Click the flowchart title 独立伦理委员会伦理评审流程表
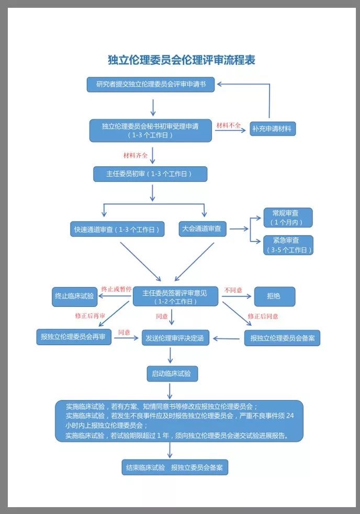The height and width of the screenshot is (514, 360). click(x=181, y=60)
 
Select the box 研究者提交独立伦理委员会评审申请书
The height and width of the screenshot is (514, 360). click(x=151, y=84)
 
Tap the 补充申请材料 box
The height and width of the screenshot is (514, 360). click(x=272, y=128)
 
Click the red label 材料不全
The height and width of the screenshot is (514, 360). click(x=229, y=125)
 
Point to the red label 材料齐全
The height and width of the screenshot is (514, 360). click(x=136, y=155)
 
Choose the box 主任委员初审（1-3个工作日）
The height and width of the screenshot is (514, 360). click(x=150, y=174)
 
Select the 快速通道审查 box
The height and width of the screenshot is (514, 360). click(x=117, y=229)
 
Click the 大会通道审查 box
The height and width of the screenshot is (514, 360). click(x=201, y=229)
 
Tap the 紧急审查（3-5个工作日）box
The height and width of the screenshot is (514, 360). click(x=289, y=245)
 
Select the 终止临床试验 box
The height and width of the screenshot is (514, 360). click(x=74, y=296)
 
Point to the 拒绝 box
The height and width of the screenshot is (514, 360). click(x=274, y=296)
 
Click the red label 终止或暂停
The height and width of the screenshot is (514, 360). click(x=116, y=289)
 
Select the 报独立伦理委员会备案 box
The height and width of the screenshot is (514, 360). click(x=282, y=338)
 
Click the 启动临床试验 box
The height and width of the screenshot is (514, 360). click(x=172, y=373)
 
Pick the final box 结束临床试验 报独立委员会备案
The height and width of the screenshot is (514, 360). click(x=175, y=467)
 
